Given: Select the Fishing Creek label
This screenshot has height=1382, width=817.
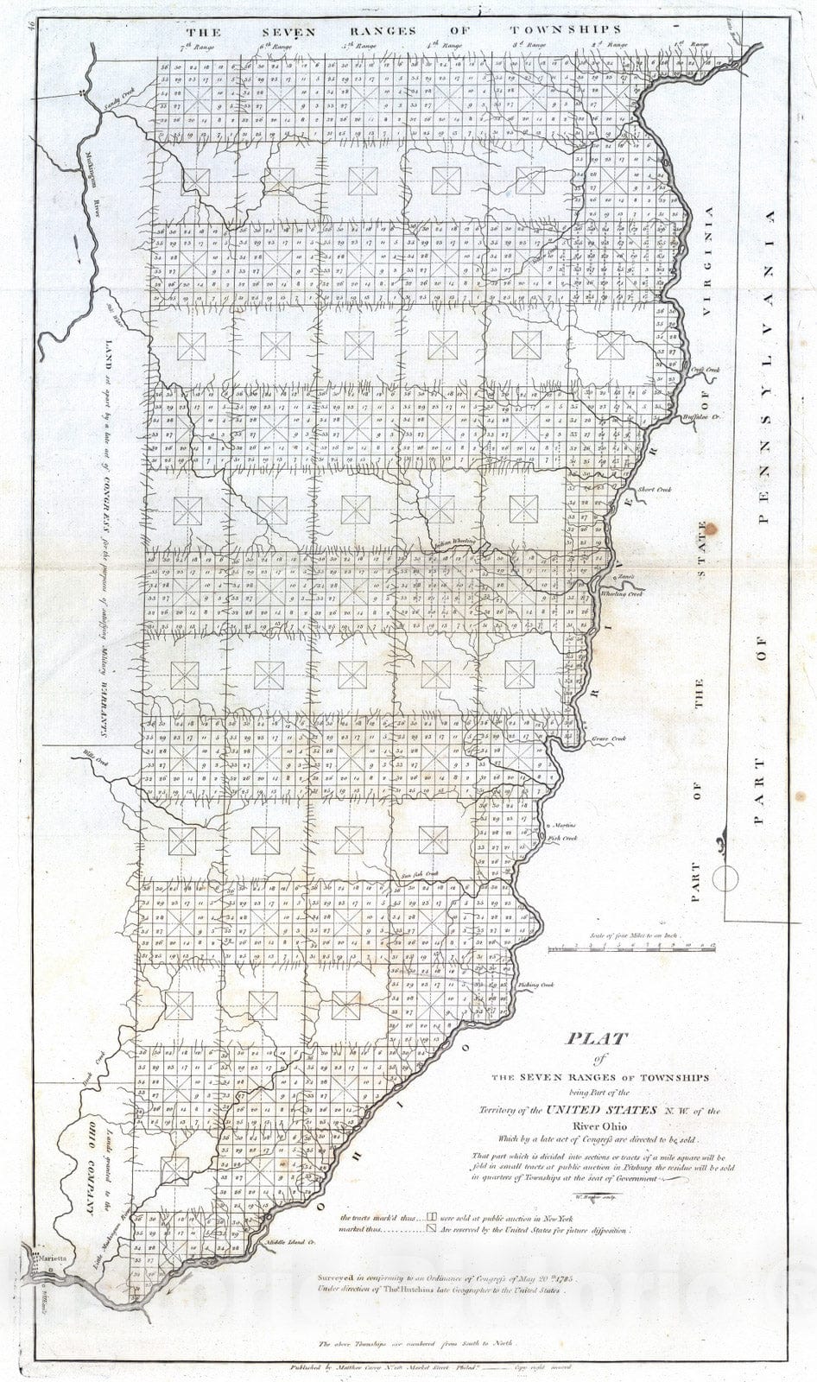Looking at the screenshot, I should (535, 984).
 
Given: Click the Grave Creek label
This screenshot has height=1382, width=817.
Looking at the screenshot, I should (609, 739).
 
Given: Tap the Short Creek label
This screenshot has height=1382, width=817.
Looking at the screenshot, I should (654, 490).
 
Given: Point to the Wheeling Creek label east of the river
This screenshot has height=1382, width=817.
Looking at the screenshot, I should (622, 593).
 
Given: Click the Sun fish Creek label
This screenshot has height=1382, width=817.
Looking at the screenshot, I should (421, 874).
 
